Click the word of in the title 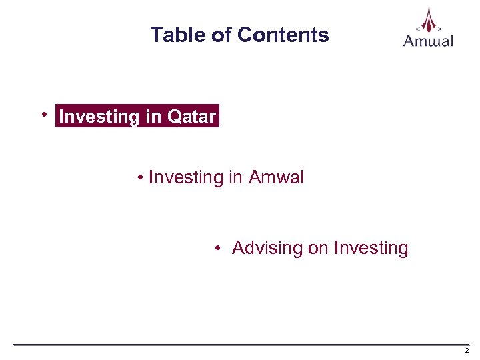[221, 35]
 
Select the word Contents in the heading [283, 35]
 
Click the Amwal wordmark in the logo [429, 41]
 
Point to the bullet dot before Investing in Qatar [45, 115]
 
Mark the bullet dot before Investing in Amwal [141, 178]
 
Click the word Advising [267, 249]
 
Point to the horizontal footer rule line [240, 345]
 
